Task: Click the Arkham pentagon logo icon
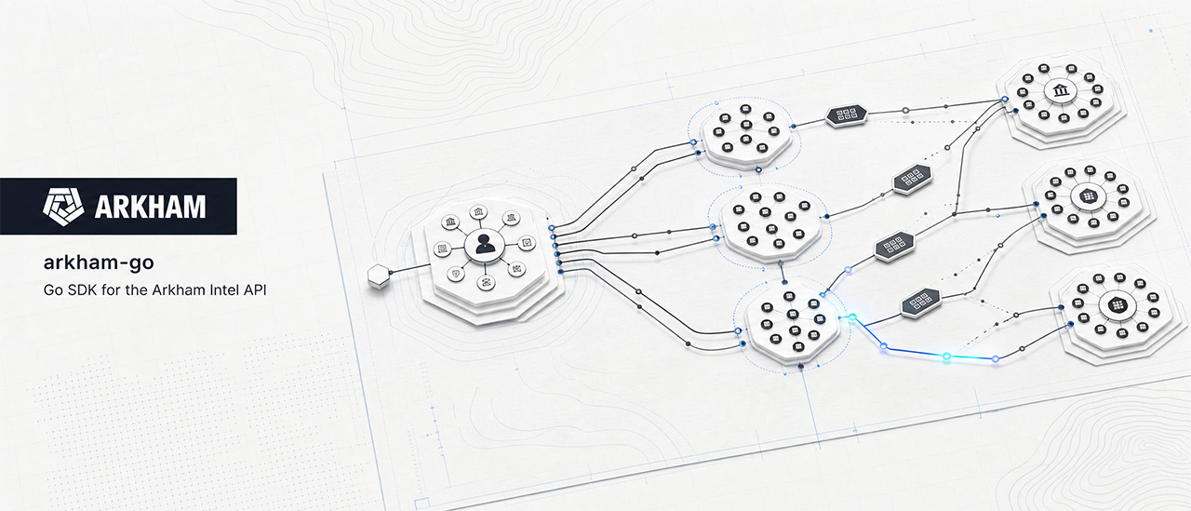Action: pos(63,207)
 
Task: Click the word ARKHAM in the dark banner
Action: pos(151,207)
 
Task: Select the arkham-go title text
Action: pos(99,262)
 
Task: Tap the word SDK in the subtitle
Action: pos(82,289)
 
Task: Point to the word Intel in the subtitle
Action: pos(224,289)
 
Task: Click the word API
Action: pos(255,289)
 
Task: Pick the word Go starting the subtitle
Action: pos(53,289)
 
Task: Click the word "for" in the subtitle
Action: pos(110,289)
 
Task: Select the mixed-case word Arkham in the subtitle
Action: pos(178,289)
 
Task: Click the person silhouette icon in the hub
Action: pos(485,244)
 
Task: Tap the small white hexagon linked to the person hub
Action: pos(379,276)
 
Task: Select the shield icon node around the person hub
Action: pos(456,274)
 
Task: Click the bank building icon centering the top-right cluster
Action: pos(1062,91)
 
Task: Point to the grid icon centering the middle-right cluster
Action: pos(1088,196)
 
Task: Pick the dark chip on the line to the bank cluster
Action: pos(846,114)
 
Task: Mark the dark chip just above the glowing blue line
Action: pos(920,303)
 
